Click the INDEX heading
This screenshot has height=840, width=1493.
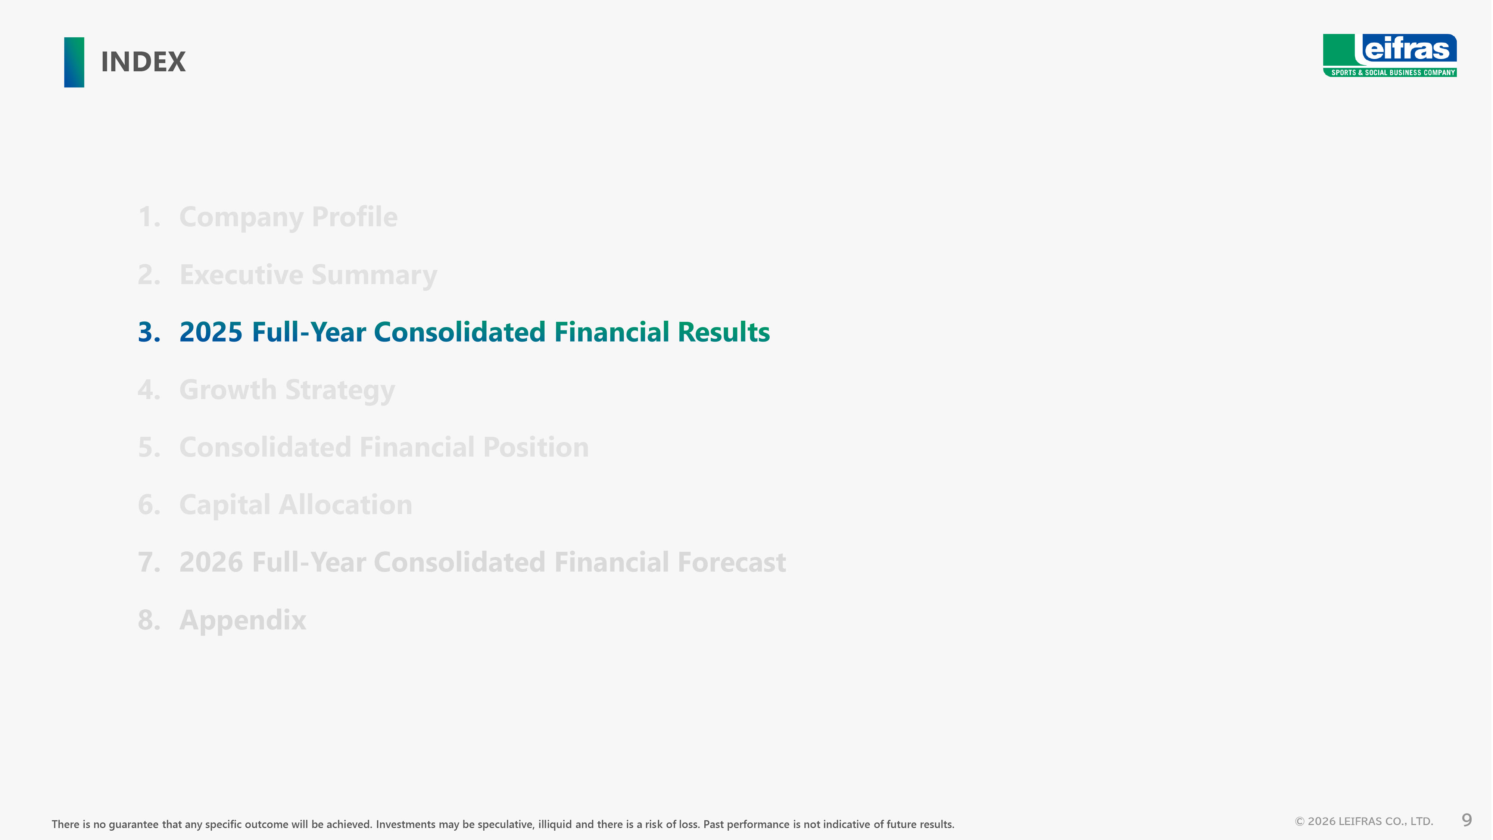143,62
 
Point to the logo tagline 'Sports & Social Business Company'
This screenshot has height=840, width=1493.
1393,72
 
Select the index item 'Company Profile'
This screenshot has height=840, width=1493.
288,217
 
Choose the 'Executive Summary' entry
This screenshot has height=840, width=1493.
308,275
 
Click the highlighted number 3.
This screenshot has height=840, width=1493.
149,332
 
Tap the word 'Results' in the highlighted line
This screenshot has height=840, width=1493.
723,332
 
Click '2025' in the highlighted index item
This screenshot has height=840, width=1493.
211,332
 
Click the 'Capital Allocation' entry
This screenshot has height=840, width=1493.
296,505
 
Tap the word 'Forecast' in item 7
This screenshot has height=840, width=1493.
732,562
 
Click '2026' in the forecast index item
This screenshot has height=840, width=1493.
211,562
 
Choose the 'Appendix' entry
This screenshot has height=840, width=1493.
242,620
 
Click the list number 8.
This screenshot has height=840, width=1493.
149,620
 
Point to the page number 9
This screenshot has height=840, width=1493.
1467,820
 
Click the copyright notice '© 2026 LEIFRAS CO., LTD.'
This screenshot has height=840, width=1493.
1364,821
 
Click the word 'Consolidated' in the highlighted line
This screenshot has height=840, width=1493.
459,332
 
